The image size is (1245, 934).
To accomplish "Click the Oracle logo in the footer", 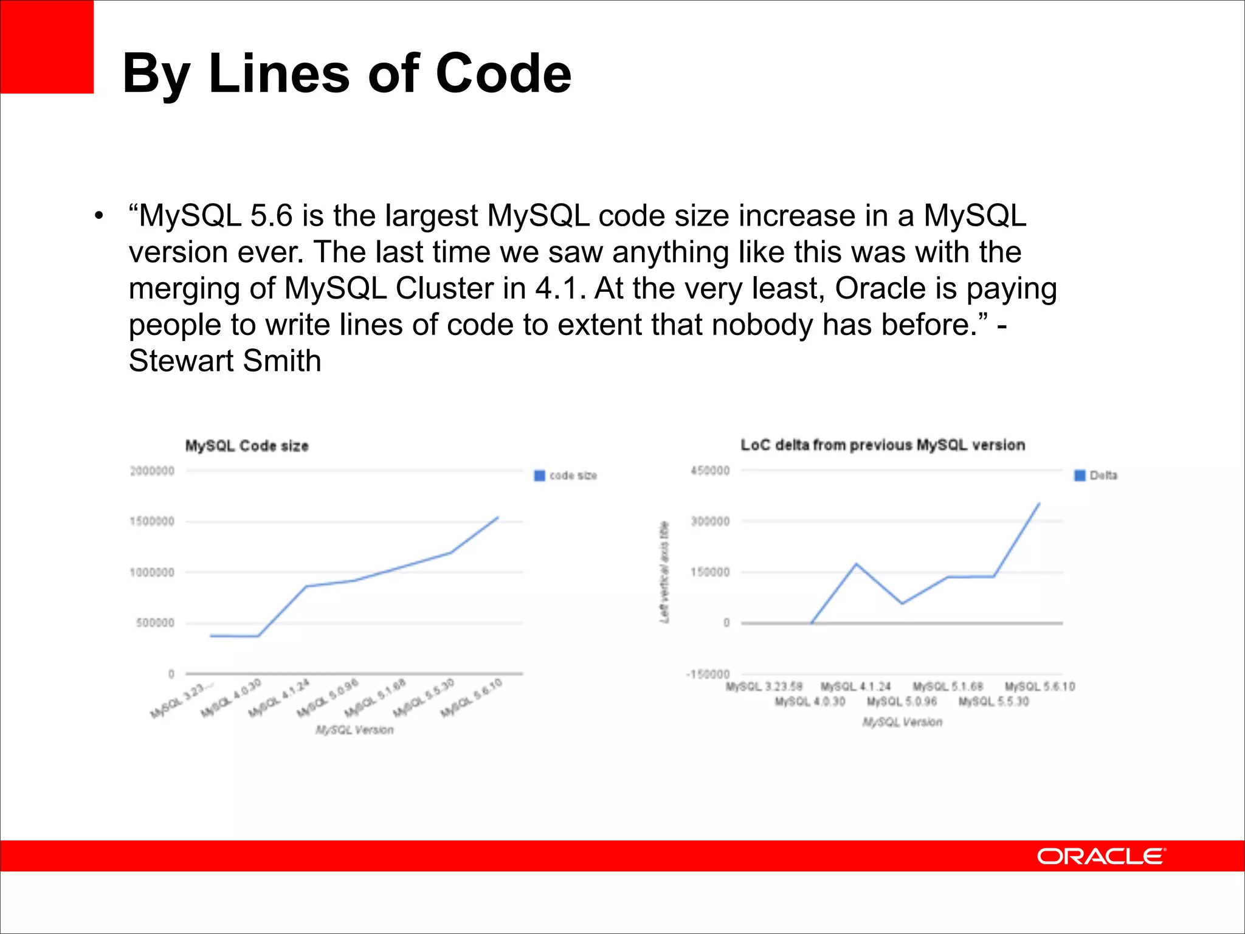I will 1101,856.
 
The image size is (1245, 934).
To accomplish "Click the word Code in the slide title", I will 503,74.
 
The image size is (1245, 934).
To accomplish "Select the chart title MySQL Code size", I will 247,446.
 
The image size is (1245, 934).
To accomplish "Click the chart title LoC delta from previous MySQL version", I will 882,445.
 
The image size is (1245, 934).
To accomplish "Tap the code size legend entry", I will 566,476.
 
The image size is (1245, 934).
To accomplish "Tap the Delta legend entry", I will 1096,476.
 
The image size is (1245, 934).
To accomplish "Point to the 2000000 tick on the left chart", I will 152,471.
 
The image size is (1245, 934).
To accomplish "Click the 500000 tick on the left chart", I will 155,623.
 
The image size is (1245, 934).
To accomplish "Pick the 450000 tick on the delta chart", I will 709,471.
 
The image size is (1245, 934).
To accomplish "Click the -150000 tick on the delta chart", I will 707,674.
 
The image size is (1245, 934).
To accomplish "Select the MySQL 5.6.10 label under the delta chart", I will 1040,687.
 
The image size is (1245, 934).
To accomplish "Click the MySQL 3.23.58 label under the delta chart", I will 764,687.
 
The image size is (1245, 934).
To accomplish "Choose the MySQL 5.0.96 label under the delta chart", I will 902,702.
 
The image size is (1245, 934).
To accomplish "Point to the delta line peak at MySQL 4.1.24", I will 857,564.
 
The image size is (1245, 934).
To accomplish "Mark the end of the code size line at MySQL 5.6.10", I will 498,517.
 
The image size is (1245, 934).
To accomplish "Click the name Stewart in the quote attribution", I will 181,361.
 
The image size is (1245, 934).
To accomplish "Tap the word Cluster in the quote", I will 444,288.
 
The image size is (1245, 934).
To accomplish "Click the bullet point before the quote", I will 99,216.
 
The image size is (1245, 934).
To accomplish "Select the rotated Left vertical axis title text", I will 664,572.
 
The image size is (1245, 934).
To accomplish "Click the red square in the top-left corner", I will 47,47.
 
